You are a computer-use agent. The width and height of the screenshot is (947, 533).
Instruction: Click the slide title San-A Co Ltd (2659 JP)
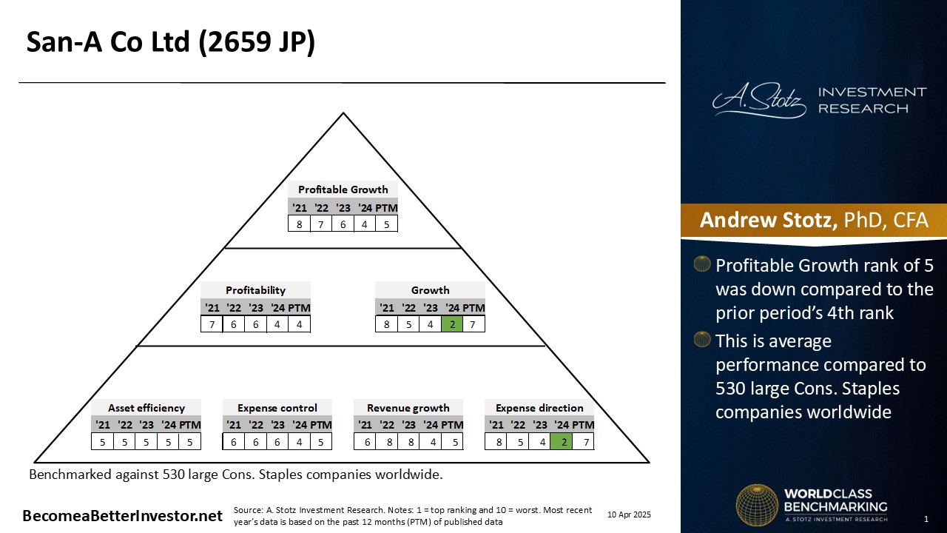point(171,42)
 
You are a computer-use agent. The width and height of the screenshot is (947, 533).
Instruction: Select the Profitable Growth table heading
point(343,190)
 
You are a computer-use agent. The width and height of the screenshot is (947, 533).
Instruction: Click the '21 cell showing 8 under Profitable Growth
point(299,224)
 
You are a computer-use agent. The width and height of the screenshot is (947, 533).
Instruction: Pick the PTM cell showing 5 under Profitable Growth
point(386,224)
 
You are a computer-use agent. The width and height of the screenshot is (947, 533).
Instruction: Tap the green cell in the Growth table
point(452,324)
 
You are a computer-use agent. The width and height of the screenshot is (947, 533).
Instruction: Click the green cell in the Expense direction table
point(562,442)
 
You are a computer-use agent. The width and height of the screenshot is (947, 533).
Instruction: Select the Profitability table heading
point(255,290)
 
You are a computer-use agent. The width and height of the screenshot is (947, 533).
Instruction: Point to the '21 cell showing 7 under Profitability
point(212,324)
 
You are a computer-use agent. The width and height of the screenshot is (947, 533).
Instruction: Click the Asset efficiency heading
point(146,408)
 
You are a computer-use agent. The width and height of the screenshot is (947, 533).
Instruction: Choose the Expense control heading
point(277,408)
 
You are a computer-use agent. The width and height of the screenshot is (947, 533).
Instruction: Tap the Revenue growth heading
point(408,408)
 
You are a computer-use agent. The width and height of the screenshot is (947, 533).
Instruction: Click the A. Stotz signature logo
point(759,100)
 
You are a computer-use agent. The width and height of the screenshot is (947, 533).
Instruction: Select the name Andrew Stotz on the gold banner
point(769,220)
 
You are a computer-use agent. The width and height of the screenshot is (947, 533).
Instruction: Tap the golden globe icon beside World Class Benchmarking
point(757,506)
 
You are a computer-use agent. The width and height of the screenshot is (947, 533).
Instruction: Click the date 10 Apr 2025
point(629,514)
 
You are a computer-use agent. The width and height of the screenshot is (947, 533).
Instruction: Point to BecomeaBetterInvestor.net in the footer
point(122,516)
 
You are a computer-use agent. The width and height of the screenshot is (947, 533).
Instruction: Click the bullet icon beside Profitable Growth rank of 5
point(702,264)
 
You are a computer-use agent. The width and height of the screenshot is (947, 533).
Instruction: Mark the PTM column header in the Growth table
point(474,308)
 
